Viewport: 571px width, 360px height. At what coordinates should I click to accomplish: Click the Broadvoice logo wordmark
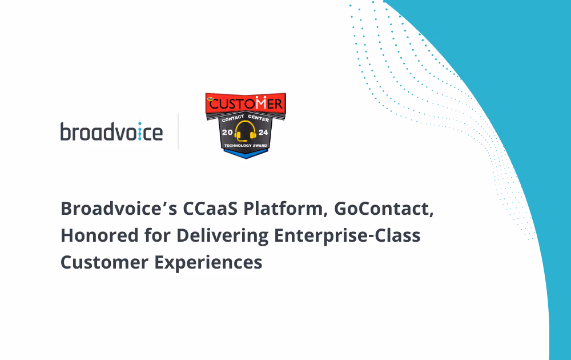pyautogui.click(x=111, y=131)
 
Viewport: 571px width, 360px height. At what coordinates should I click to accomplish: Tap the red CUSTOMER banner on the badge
pyautogui.click(x=246, y=103)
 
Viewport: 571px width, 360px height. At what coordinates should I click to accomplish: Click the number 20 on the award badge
pyautogui.click(x=227, y=132)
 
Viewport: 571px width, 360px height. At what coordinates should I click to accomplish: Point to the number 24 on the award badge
pyautogui.click(x=263, y=132)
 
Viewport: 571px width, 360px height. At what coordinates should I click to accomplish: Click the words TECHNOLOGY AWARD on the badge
pyautogui.click(x=246, y=145)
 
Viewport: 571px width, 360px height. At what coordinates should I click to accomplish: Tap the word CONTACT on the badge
pyautogui.click(x=233, y=118)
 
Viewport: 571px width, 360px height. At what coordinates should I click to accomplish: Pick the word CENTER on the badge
pyautogui.click(x=259, y=118)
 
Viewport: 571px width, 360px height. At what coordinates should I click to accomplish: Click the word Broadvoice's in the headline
pyautogui.click(x=119, y=209)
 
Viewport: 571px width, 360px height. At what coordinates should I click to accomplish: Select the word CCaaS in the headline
pyautogui.click(x=210, y=209)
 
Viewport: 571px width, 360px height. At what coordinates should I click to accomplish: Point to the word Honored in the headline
pyautogui.click(x=99, y=235)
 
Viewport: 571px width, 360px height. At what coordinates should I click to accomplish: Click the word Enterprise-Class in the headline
pyautogui.click(x=347, y=236)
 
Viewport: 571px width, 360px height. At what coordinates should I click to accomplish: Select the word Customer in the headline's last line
pyautogui.click(x=104, y=262)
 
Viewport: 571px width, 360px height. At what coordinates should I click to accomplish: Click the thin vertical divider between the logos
pyautogui.click(x=178, y=131)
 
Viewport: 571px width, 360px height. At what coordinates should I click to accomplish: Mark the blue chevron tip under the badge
pyautogui.click(x=246, y=158)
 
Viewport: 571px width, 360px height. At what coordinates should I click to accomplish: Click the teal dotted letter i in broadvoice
pyautogui.click(x=139, y=131)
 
